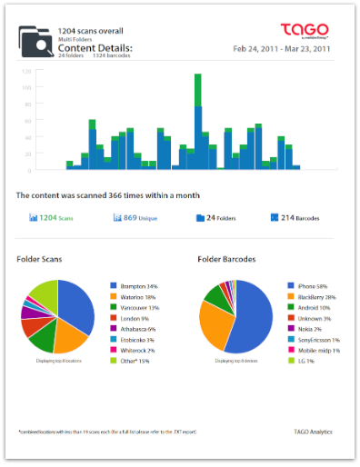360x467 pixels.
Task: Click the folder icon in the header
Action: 36,41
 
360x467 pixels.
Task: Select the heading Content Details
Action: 95,47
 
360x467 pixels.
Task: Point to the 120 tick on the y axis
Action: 26,70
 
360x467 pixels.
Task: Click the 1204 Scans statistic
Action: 52,218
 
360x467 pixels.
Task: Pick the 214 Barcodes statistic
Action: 296,218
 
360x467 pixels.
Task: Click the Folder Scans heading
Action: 41,260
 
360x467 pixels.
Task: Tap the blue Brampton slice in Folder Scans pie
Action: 77,313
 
